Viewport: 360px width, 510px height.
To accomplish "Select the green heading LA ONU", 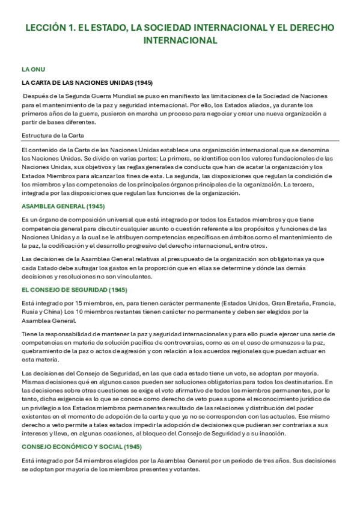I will (x=33, y=69).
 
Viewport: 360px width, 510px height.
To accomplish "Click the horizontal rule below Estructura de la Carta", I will (x=180, y=141).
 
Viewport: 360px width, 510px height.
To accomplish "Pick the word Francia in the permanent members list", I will (x=325, y=304).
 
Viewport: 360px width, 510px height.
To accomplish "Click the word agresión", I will (x=127, y=351).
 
